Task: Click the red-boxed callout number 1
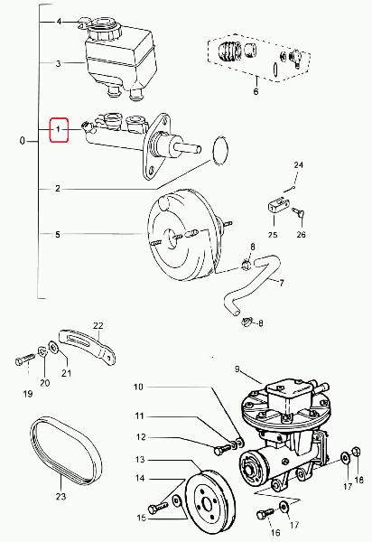click(x=59, y=129)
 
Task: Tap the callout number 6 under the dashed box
click(x=256, y=91)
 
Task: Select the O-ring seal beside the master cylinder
click(x=220, y=151)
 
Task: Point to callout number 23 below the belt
click(x=60, y=496)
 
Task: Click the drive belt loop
click(x=66, y=451)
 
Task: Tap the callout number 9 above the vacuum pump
click(x=237, y=369)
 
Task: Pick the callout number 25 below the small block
click(x=273, y=235)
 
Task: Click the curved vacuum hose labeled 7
click(x=251, y=285)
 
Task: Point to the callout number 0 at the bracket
click(x=23, y=141)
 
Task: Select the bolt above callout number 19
click(x=25, y=360)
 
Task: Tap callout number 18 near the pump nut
click(x=358, y=480)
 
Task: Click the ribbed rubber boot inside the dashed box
click(x=230, y=51)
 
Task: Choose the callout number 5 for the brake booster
click(x=58, y=235)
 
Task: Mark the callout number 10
click(x=138, y=387)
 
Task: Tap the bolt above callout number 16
click(x=265, y=513)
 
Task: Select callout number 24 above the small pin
click(x=299, y=165)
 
